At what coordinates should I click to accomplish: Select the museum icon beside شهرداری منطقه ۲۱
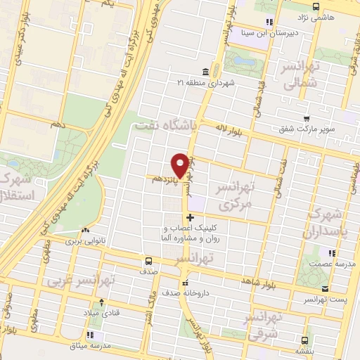point(205,72)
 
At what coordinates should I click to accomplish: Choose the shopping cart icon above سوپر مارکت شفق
point(306,118)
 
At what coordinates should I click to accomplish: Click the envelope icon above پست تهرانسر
point(324,288)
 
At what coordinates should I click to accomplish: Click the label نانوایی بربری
point(85,240)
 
